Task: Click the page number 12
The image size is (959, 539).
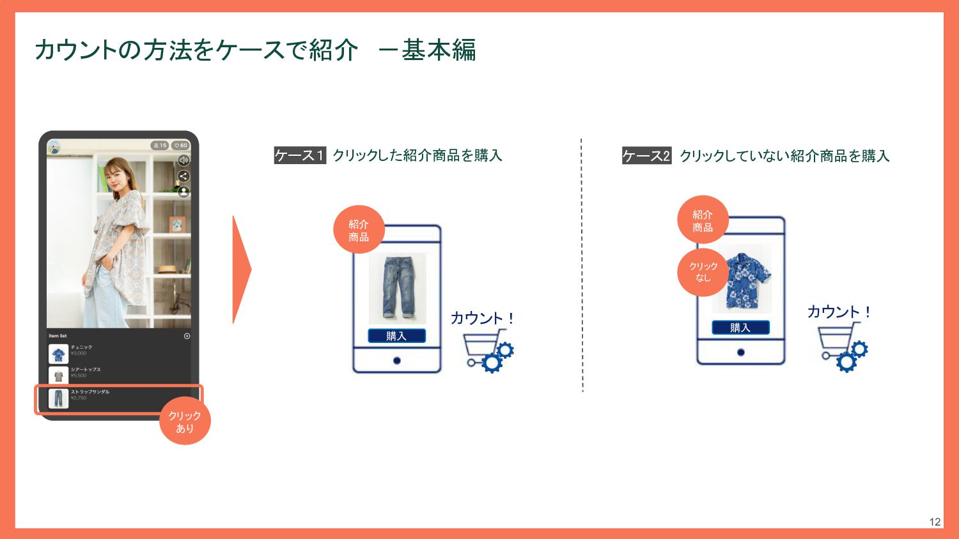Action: pos(935,522)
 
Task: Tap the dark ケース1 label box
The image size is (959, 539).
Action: pos(300,155)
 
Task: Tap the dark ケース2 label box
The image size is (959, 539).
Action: pos(646,156)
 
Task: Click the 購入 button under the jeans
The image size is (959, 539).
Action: pos(396,336)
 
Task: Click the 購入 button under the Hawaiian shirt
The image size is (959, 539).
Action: pos(740,328)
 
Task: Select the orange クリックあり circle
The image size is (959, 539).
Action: pos(185,421)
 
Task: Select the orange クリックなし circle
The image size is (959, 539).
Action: pos(703,272)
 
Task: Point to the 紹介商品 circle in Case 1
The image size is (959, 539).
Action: pos(359,230)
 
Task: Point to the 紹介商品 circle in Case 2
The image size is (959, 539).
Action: pos(703,220)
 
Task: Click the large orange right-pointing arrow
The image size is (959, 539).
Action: pos(241,269)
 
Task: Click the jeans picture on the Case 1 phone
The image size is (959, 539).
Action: pos(397,288)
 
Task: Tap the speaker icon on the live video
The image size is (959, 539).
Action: pos(183,160)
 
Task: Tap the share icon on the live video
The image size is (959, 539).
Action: pos(183,176)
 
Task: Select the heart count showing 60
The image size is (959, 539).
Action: pos(181,146)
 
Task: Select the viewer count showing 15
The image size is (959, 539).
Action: pos(160,146)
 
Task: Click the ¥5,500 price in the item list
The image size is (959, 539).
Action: pos(79,376)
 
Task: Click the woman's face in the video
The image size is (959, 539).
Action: pos(120,176)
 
